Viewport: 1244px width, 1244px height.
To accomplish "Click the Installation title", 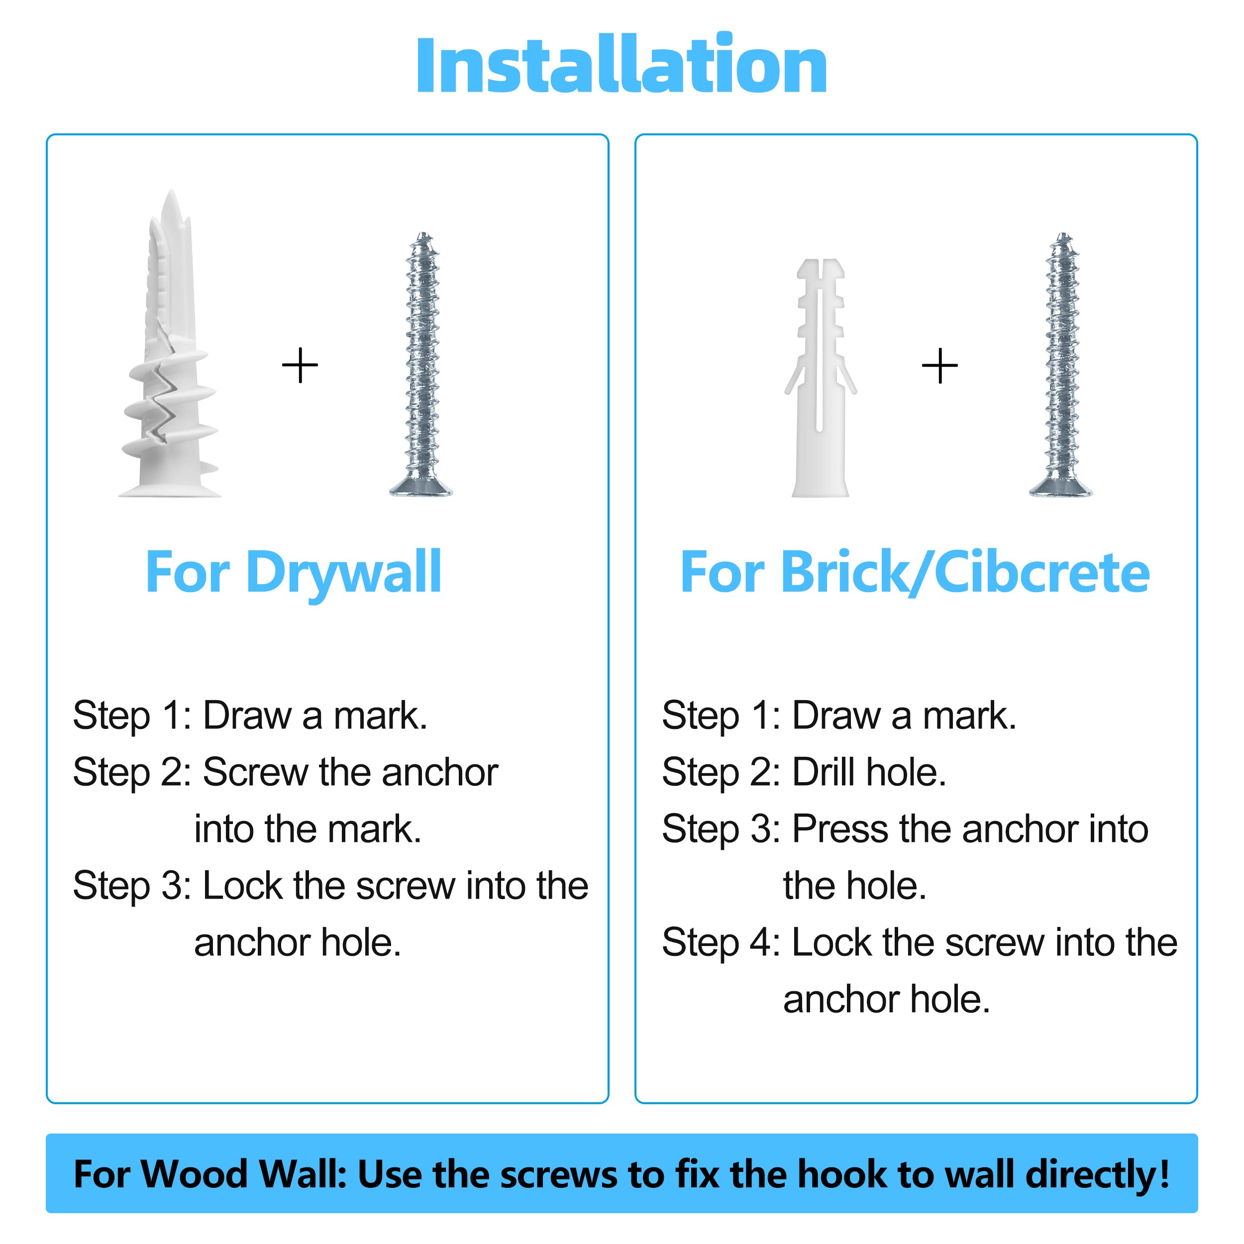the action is coord(622,64).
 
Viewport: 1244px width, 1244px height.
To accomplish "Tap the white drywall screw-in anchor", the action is coord(169,348).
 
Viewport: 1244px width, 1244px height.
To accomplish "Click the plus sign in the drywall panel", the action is coord(300,365).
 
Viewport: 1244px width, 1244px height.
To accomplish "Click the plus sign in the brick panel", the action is coord(939,365).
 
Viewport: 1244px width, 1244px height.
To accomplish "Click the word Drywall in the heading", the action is coord(344,573).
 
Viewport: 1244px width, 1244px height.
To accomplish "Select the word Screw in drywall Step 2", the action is coord(255,772).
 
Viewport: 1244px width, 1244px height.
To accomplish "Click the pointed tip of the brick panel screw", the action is coord(1063,234).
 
